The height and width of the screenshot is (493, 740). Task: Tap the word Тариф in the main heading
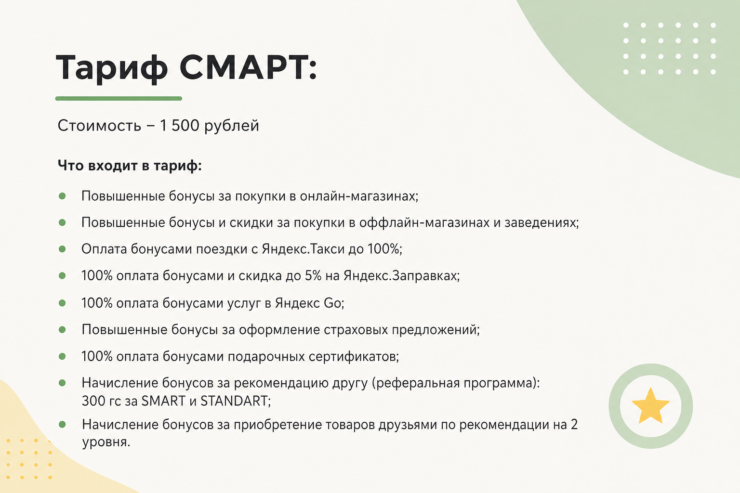point(112,68)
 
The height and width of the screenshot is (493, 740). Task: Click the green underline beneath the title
point(119,98)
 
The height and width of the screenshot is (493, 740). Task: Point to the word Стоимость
point(99,126)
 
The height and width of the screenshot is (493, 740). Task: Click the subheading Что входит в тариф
point(130,165)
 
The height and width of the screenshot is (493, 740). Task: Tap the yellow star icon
point(650,406)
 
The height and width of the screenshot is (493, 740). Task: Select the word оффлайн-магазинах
point(424,222)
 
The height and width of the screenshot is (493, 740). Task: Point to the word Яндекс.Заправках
point(401,276)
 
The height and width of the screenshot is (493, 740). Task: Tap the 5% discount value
point(313,276)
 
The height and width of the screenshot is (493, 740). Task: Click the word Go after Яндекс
point(334,303)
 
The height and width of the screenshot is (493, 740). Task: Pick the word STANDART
point(236,401)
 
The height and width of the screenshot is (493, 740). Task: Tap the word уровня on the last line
point(106,442)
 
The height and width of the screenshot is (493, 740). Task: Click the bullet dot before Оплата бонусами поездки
point(62,249)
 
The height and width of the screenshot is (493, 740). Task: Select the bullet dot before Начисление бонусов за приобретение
point(62,424)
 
